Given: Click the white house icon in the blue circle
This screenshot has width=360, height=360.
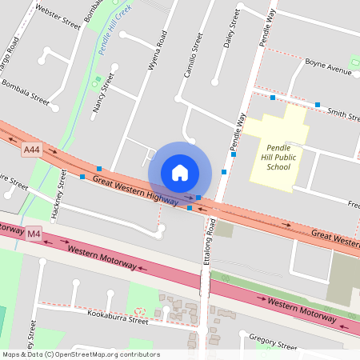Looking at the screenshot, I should click(180, 173).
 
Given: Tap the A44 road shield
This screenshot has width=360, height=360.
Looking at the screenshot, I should click(31, 150).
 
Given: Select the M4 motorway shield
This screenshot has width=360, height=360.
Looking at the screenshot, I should click(33, 234).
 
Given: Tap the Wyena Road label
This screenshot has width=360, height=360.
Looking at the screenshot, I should click(156, 51).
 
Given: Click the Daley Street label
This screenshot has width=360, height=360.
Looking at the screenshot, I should click(233, 30).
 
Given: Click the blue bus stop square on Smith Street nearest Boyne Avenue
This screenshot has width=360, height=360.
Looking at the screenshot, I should click(318, 105).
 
